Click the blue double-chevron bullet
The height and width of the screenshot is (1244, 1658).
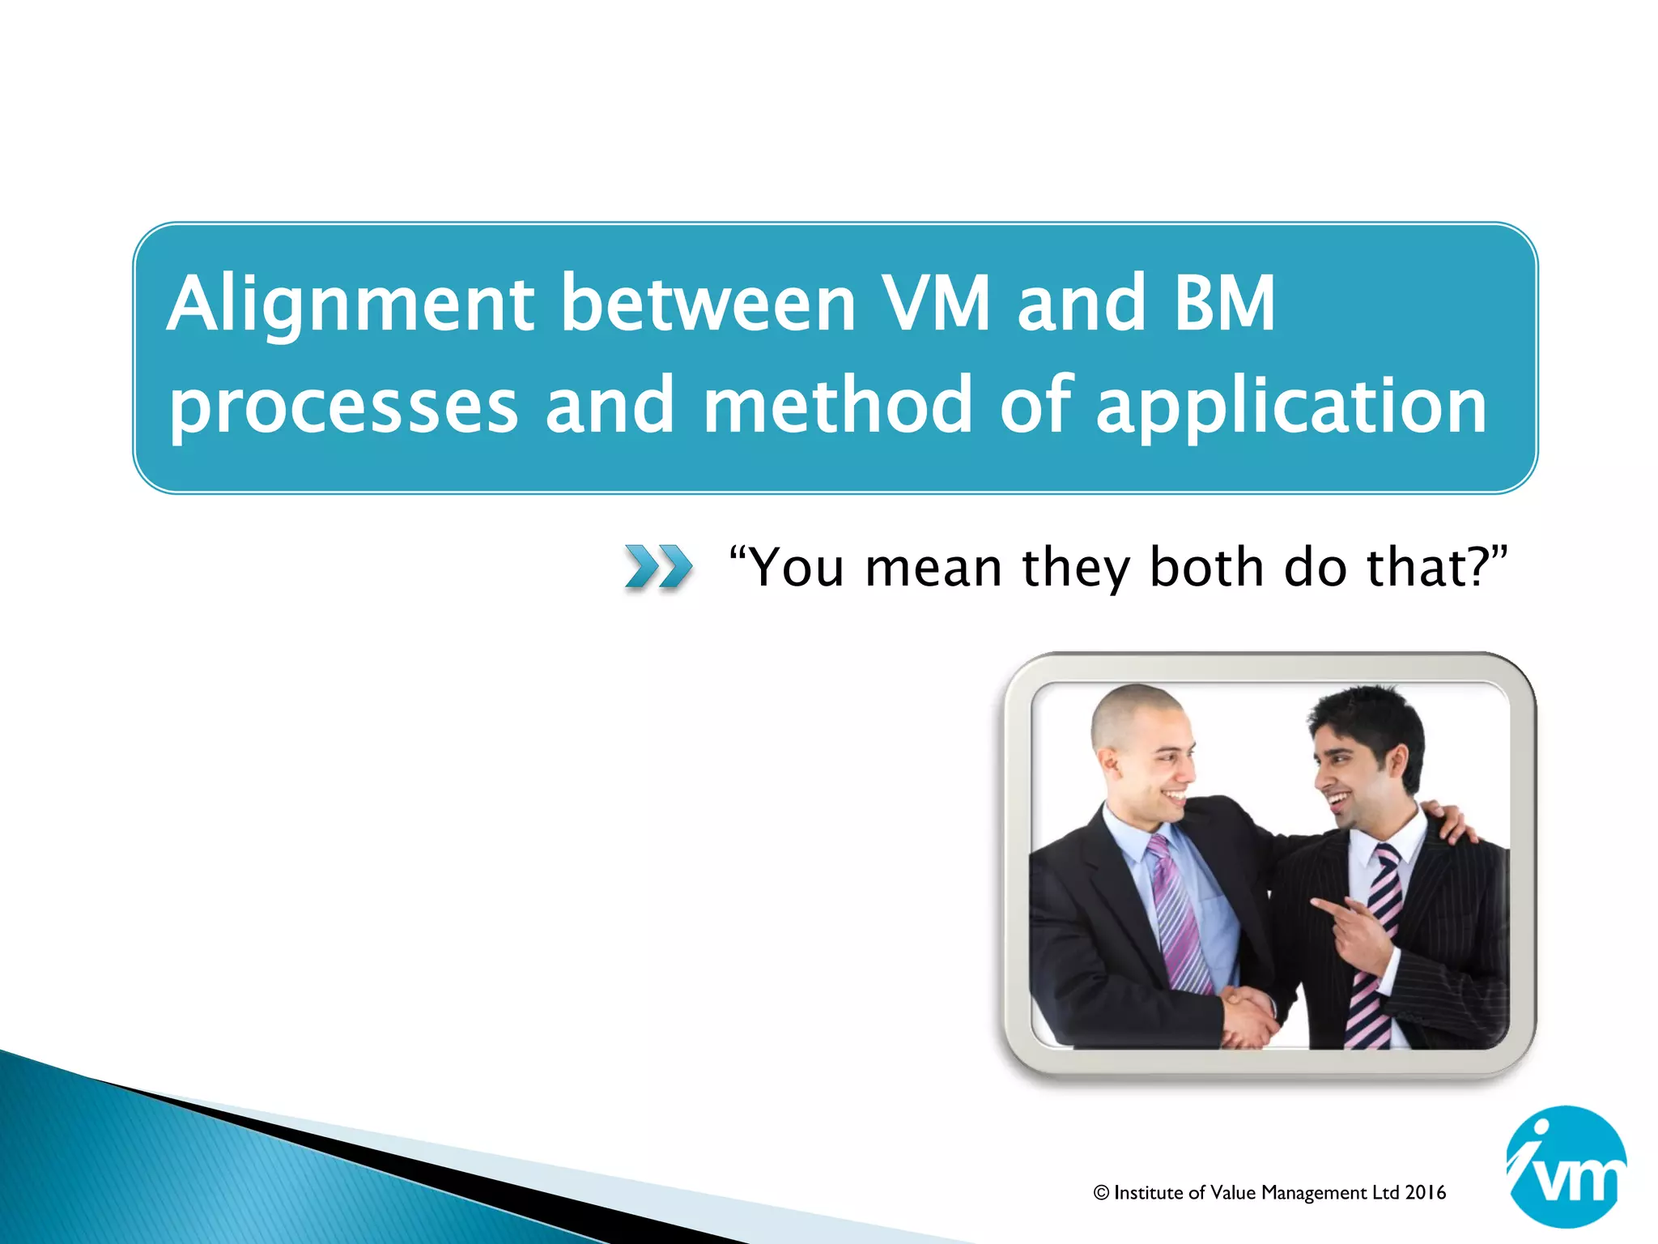[x=658, y=566]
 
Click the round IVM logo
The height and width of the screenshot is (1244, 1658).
[x=1566, y=1167]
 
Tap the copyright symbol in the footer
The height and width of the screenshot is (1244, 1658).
[x=1101, y=1193]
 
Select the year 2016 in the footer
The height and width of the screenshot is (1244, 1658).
[x=1426, y=1193]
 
